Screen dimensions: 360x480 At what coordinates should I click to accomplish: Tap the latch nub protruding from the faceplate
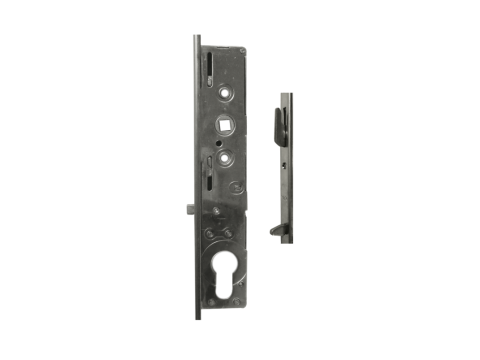click(x=189, y=211)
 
